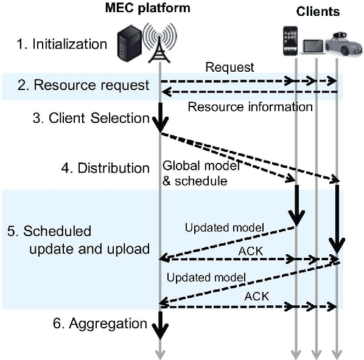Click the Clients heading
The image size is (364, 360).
pos(318,12)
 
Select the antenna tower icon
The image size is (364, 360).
pos(159,41)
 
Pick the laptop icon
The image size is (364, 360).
pos(313,45)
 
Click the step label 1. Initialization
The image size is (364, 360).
pos(60,44)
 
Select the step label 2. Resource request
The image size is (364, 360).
pos(82,85)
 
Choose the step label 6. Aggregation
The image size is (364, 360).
pos(99,324)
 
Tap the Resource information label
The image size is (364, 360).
pos(250,107)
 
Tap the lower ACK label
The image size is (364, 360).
pos(256,296)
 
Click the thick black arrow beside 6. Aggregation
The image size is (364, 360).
pos(160,324)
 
